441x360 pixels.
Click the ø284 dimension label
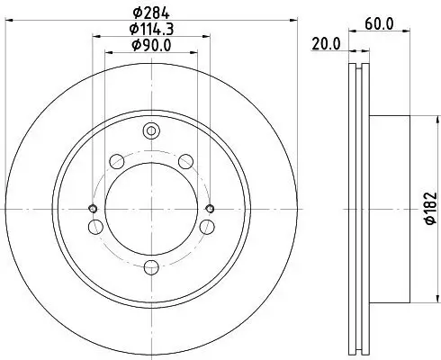[151, 12]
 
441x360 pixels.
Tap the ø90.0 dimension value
[151, 45]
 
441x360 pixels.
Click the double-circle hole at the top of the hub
[151, 131]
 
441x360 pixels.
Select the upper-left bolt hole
[116, 162]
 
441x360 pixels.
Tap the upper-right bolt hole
[186, 162]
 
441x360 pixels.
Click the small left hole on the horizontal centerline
[94, 209]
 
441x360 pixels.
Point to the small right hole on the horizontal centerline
[210, 209]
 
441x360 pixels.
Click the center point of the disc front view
[151, 209]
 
